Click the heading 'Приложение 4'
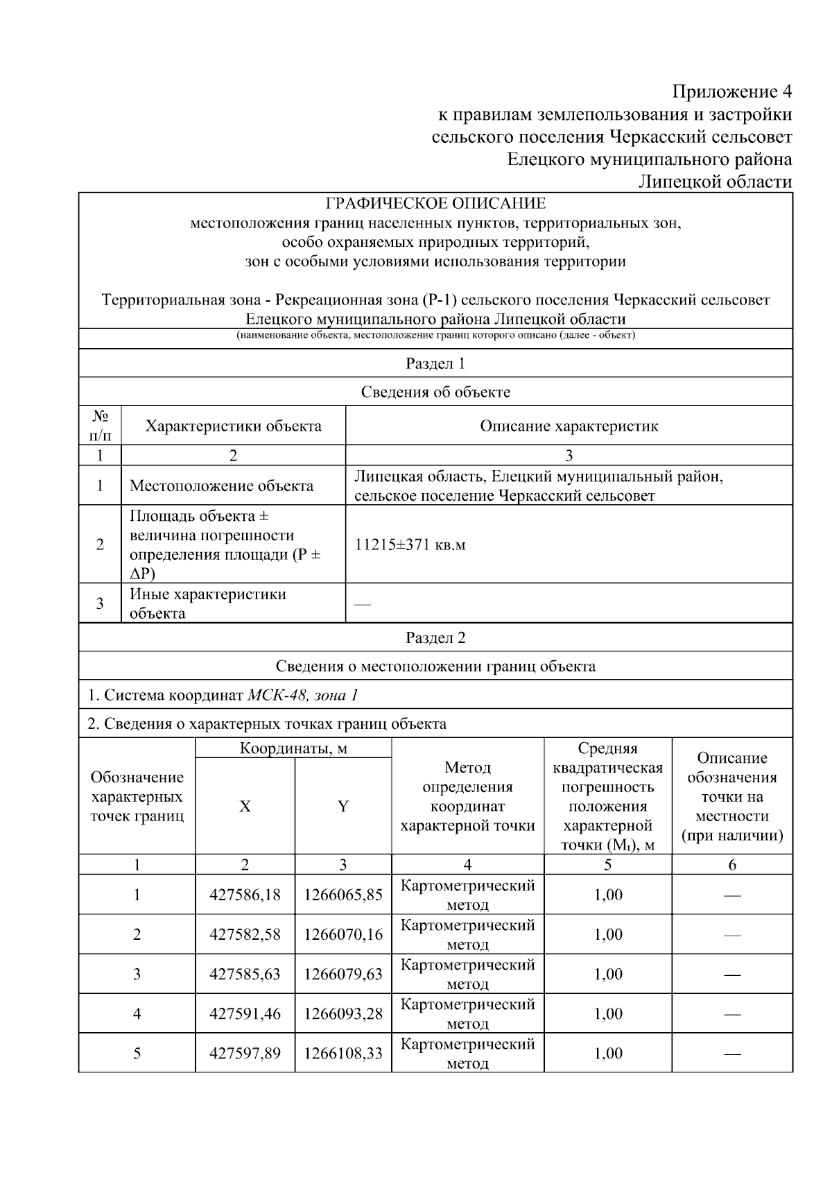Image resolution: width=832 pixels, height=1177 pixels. [731, 92]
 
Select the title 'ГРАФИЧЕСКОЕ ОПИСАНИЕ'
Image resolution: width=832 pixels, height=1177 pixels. [435, 203]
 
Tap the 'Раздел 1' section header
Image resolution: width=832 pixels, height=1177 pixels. [435, 363]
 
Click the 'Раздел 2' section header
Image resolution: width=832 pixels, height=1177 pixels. [435, 638]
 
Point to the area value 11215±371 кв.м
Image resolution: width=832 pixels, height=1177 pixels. [410, 544]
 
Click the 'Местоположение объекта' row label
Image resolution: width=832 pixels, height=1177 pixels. [221, 486]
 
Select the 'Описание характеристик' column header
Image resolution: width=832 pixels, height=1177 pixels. [569, 426]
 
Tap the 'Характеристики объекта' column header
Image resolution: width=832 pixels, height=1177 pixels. [233, 426]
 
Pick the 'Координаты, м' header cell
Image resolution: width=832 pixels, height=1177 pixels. [293, 748]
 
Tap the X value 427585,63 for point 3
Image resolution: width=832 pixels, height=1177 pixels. [245, 974]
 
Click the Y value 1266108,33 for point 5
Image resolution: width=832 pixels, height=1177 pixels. [343, 1054]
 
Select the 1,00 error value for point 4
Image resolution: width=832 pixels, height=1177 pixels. [608, 1014]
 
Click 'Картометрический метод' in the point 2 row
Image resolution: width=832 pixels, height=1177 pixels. [468, 934]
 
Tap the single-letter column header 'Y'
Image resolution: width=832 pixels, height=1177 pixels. [343, 806]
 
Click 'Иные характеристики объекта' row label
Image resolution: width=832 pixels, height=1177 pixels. [207, 603]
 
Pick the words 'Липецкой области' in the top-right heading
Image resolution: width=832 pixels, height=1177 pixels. [715, 182]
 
